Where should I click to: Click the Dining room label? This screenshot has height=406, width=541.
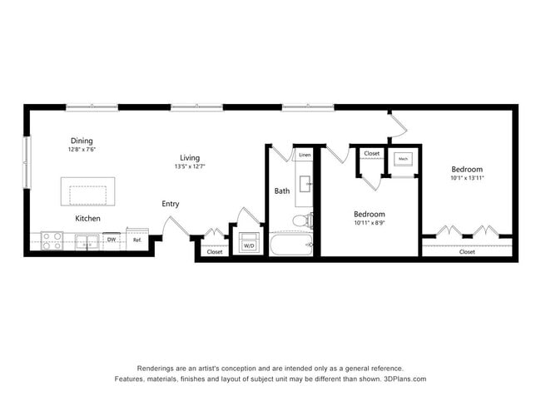click(82, 141)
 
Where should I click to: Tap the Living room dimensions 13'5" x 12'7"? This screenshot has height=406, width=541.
click(190, 166)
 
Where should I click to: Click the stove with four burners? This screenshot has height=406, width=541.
click(52, 241)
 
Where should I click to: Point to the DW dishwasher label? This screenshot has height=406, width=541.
click(111, 240)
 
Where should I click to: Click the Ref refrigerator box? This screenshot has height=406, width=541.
click(137, 240)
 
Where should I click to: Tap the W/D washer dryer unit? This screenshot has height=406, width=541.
click(248, 245)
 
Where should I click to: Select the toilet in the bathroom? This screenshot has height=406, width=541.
click(303, 221)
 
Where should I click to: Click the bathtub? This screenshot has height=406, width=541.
click(290, 245)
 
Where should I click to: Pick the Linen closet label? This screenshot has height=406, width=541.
click(305, 156)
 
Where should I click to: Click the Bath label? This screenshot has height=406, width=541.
click(282, 191)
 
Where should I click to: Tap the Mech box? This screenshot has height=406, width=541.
click(403, 158)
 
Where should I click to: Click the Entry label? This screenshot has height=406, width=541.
click(170, 204)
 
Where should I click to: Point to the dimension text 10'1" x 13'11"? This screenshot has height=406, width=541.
click(467, 178)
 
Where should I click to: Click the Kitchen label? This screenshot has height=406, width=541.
click(88, 219)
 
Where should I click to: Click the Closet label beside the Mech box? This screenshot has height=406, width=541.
click(371, 154)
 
